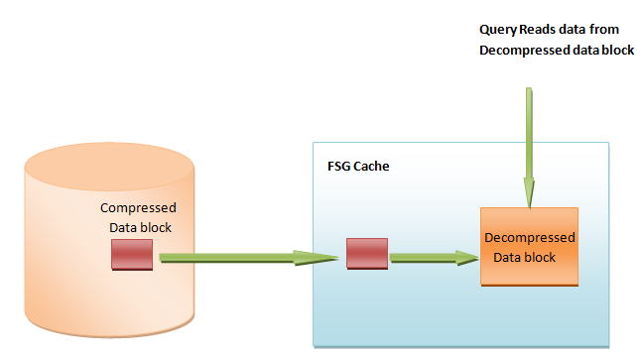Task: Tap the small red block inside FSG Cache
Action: coord(366,253)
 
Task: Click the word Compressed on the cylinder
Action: coord(139,208)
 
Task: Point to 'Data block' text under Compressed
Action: coord(140,227)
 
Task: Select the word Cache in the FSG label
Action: coord(372,165)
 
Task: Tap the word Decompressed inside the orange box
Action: coord(529,238)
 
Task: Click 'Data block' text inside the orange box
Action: coord(524,257)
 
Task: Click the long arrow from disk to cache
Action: coord(238,259)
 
